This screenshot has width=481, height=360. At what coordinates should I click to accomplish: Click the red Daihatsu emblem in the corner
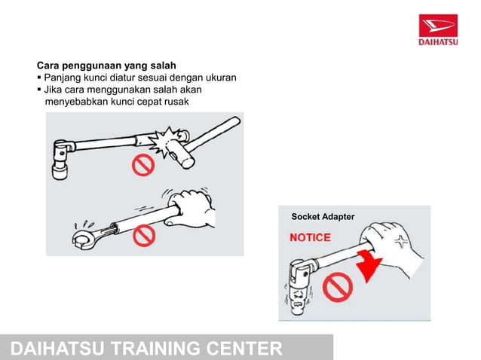438,26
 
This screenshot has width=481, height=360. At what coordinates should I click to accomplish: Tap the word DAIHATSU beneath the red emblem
438,42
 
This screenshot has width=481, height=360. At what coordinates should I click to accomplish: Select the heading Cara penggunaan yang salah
106,65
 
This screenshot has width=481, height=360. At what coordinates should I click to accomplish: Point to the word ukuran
218,78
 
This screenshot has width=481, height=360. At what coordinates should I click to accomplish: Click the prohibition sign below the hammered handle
143,164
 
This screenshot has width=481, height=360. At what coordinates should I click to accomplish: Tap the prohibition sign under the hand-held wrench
143,236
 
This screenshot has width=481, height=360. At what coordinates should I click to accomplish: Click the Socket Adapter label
323,217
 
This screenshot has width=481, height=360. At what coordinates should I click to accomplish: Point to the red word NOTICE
311,237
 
